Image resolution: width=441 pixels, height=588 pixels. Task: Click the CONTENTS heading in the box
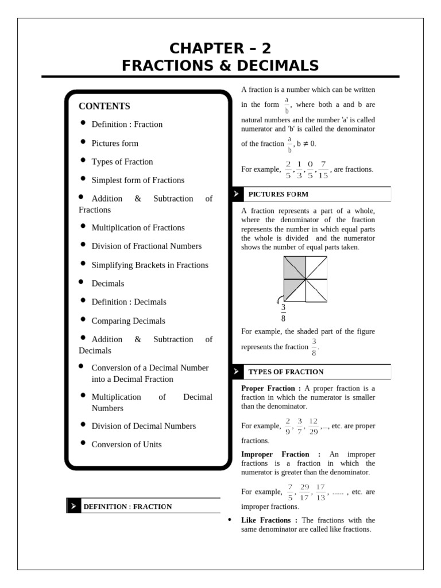[104, 106]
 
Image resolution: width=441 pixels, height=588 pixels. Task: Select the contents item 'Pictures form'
[115, 143]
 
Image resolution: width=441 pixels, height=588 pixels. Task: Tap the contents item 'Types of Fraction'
[122, 161]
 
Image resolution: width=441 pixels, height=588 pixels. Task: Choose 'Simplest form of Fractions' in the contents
[138, 180]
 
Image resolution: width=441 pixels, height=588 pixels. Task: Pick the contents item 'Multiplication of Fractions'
[138, 227]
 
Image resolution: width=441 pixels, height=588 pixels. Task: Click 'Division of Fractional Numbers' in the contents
[146, 246]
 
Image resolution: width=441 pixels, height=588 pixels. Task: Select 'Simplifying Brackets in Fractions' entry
[150, 265]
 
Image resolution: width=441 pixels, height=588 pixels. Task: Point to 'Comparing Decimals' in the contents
[128, 320]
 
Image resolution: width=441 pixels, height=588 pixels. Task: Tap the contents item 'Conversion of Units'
[126, 444]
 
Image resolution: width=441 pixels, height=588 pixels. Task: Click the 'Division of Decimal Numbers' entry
[144, 426]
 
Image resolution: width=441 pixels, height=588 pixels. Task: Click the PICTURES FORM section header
[278, 194]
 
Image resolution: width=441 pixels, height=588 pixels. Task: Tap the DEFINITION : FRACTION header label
[127, 506]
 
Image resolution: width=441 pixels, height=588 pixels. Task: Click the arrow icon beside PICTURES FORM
[236, 194]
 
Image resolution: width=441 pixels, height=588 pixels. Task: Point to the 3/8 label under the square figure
[283, 313]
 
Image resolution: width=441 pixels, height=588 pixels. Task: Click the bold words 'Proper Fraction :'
[268, 389]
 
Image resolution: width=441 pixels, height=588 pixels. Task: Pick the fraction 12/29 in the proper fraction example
[314, 426]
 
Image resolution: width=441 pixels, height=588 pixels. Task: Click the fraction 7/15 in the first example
[323, 170]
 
